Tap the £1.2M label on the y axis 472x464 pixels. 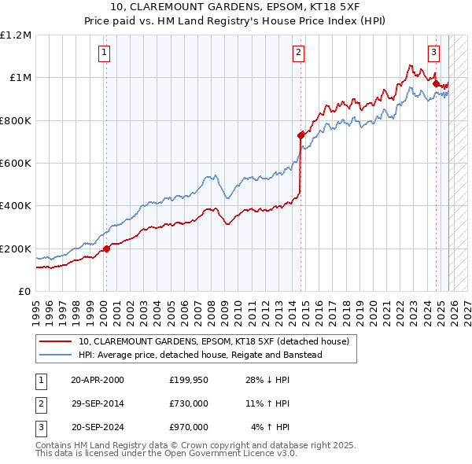coord(16,35)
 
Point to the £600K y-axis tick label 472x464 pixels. coord(16,164)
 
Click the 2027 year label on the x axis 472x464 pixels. coord(467,307)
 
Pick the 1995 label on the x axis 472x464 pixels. coord(36,307)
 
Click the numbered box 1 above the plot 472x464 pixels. coord(105,53)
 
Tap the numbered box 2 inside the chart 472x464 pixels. coord(299,53)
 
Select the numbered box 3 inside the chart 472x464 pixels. coord(433,53)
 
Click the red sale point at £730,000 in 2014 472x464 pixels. coord(301,135)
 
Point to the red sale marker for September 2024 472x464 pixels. coord(436,83)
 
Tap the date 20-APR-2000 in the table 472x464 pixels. coord(97,380)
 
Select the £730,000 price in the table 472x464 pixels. coord(189,403)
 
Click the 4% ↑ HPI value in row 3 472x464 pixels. coord(271,427)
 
